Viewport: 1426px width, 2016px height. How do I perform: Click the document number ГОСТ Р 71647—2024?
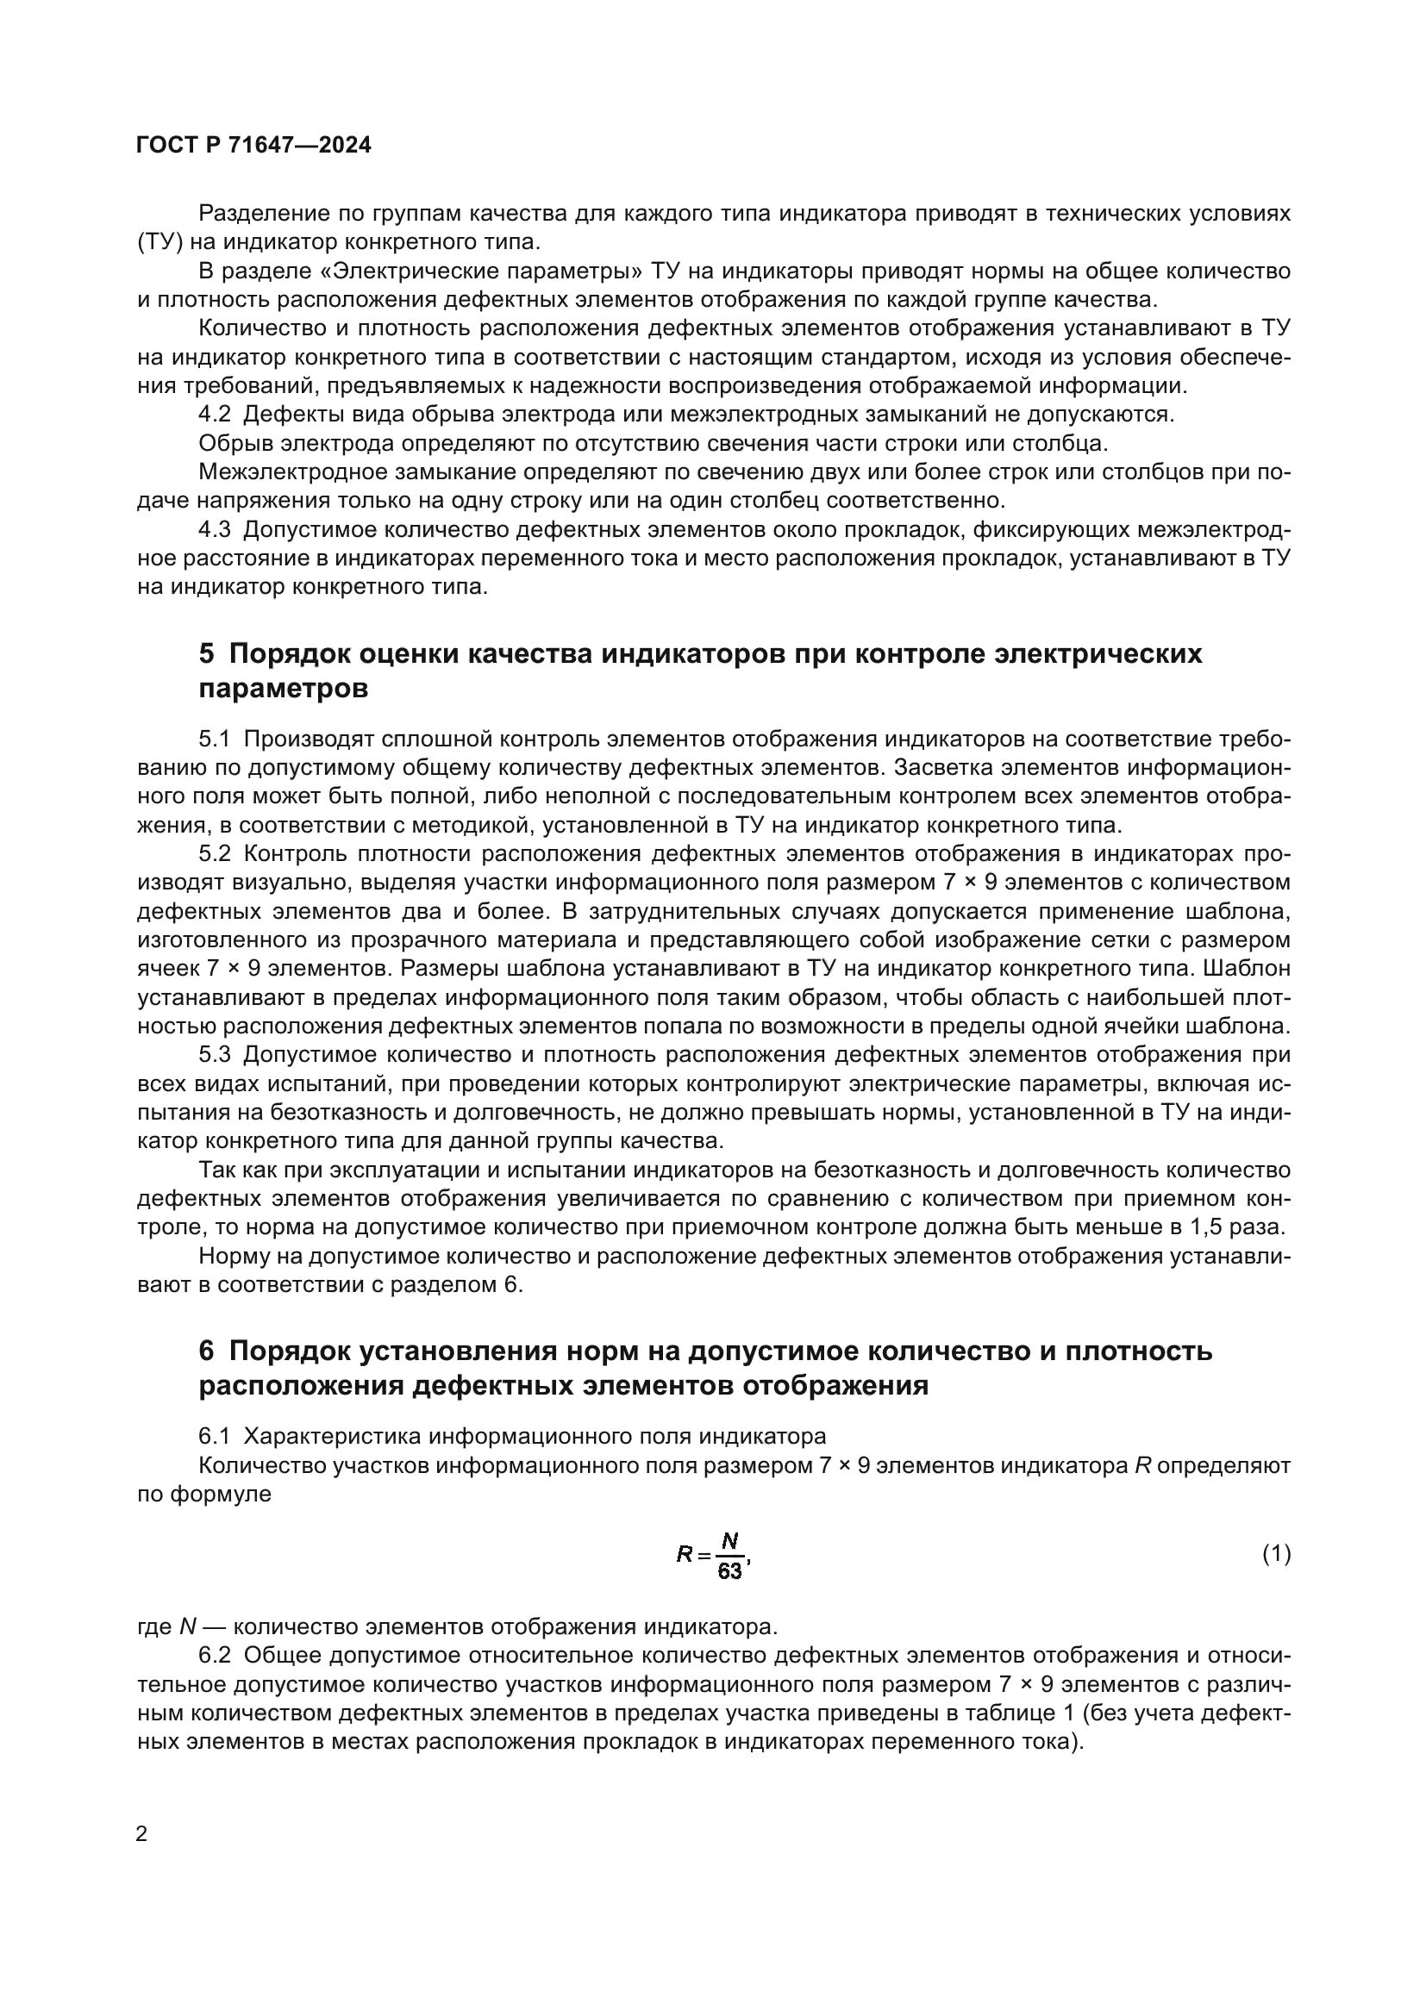253,146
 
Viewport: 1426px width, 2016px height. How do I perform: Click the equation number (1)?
1276,1553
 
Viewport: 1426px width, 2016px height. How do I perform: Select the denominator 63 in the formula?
729,1571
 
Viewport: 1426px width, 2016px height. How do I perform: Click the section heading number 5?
206,654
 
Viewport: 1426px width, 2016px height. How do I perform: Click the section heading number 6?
206,1351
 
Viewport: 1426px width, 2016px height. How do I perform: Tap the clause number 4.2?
215,414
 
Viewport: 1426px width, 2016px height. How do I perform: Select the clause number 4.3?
215,529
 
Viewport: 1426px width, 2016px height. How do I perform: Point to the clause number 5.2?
215,853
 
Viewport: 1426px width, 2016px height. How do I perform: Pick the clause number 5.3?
215,1054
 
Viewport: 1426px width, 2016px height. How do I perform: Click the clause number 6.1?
215,1437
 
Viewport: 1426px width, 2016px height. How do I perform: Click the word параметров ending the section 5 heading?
283,690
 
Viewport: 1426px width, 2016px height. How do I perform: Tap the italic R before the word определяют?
1143,1465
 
